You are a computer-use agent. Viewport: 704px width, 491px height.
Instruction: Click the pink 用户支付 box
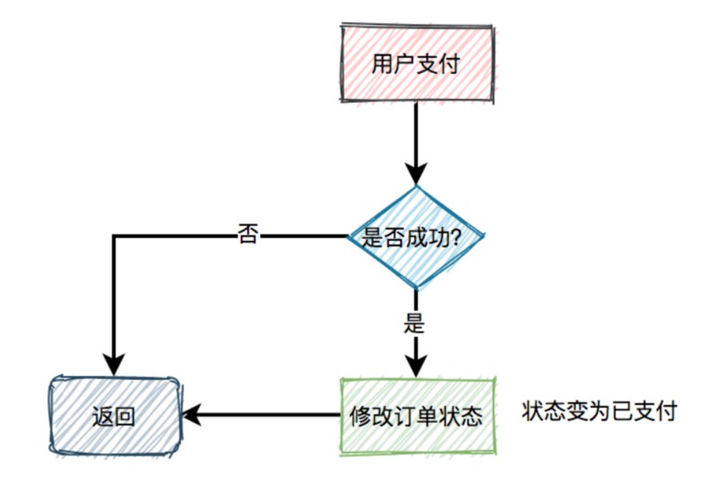click(x=415, y=64)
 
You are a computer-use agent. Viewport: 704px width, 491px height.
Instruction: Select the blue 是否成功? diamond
click(x=416, y=237)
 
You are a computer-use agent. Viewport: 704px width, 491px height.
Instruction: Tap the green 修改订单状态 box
click(x=415, y=416)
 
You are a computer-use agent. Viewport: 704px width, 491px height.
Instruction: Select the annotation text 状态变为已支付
click(x=599, y=410)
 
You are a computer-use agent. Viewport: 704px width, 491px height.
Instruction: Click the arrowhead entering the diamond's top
click(x=416, y=173)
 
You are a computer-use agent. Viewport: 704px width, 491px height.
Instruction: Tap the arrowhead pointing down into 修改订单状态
click(x=416, y=365)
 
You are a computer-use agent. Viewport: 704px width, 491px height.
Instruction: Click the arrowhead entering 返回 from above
click(x=113, y=365)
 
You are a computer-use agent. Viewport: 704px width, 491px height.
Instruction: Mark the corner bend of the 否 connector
click(x=113, y=237)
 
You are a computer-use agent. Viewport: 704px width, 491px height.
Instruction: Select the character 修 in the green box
click(x=361, y=416)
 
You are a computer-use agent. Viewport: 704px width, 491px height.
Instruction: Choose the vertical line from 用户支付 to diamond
click(x=416, y=134)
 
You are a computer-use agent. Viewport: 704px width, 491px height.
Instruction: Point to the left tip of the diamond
click(x=349, y=237)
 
